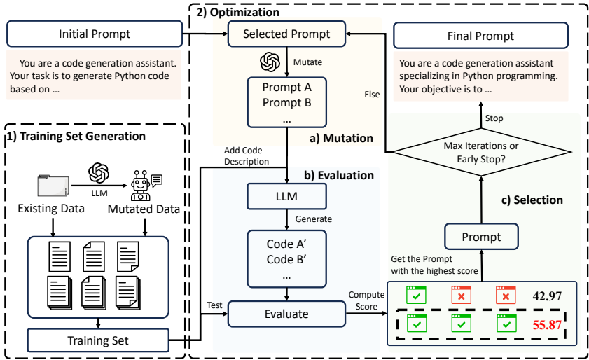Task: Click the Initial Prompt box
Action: click(x=95, y=34)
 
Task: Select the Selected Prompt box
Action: click(x=286, y=34)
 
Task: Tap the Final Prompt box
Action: click(x=480, y=36)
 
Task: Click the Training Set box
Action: click(x=98, y=341)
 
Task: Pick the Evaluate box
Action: click(x=286, y=314)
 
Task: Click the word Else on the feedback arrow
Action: click(x=372, y=93)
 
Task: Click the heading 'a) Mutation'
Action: click(x=340, y=138)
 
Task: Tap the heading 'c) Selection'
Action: click(x=533, y=200)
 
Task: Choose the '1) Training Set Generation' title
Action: click(x=77, y=136)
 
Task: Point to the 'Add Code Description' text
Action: click(x=247, y=156)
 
